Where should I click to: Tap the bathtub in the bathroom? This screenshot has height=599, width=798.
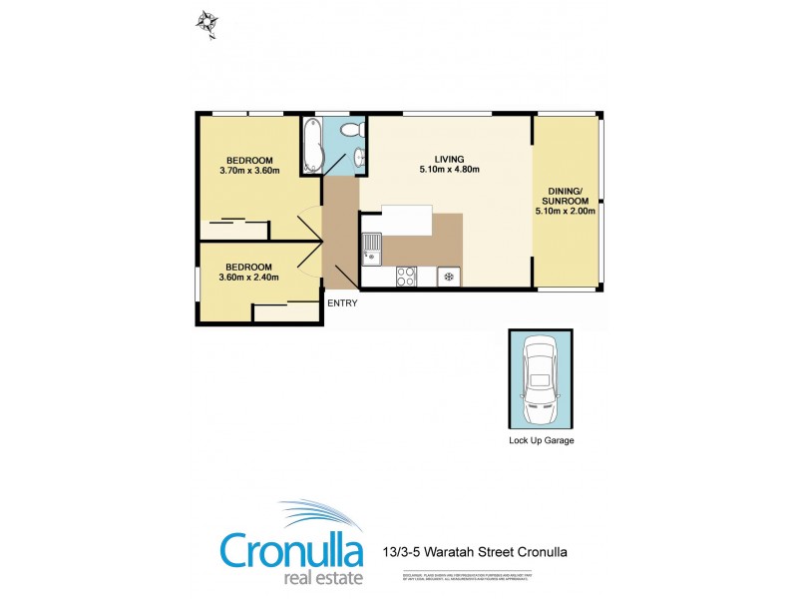click(311, 146)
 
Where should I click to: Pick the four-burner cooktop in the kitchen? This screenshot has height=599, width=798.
click(407, 276)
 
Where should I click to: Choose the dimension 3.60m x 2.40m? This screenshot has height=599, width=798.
click(248, 278)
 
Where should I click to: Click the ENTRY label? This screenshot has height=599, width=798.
click(341, 302)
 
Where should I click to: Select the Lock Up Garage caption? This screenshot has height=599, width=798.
click(541, 440)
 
